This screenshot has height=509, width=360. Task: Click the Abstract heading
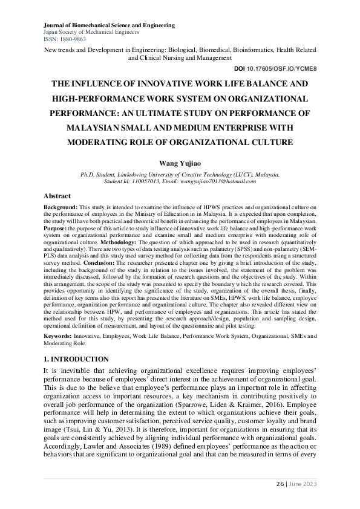pyautogui.click(x=57, y=196)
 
